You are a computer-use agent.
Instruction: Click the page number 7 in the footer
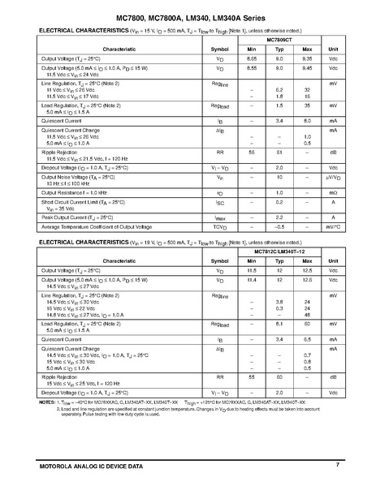point(336,463)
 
